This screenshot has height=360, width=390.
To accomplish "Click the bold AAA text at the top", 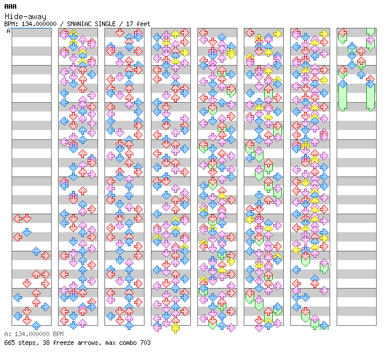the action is point(10,6).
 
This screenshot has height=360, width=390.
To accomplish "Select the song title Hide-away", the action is point(26,16).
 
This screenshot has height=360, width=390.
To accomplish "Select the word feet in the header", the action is point(143,24).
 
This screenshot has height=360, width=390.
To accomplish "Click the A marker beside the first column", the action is point(9,31).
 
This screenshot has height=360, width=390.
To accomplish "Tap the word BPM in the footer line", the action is point(59,334).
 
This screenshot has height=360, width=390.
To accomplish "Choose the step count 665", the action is point(9,343).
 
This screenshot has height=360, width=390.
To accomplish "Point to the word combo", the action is point(128,343).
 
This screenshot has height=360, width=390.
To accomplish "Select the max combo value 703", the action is point(145,343).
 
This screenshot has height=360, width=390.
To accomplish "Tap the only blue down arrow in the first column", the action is point(27,232).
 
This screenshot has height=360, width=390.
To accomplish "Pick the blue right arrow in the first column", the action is point(45,307).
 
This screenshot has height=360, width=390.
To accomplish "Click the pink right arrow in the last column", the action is point(371,40).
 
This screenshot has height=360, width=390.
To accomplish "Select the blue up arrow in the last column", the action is point(362,74).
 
